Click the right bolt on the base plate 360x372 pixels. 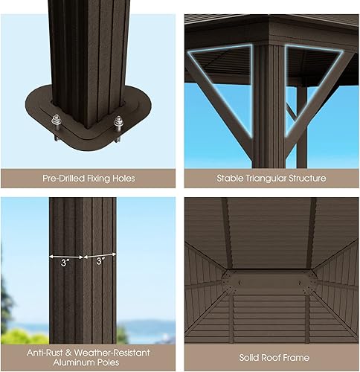(117, 123)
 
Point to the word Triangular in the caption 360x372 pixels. (264, 179)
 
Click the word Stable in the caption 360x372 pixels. (229, 179)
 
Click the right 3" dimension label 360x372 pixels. (100, 260)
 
